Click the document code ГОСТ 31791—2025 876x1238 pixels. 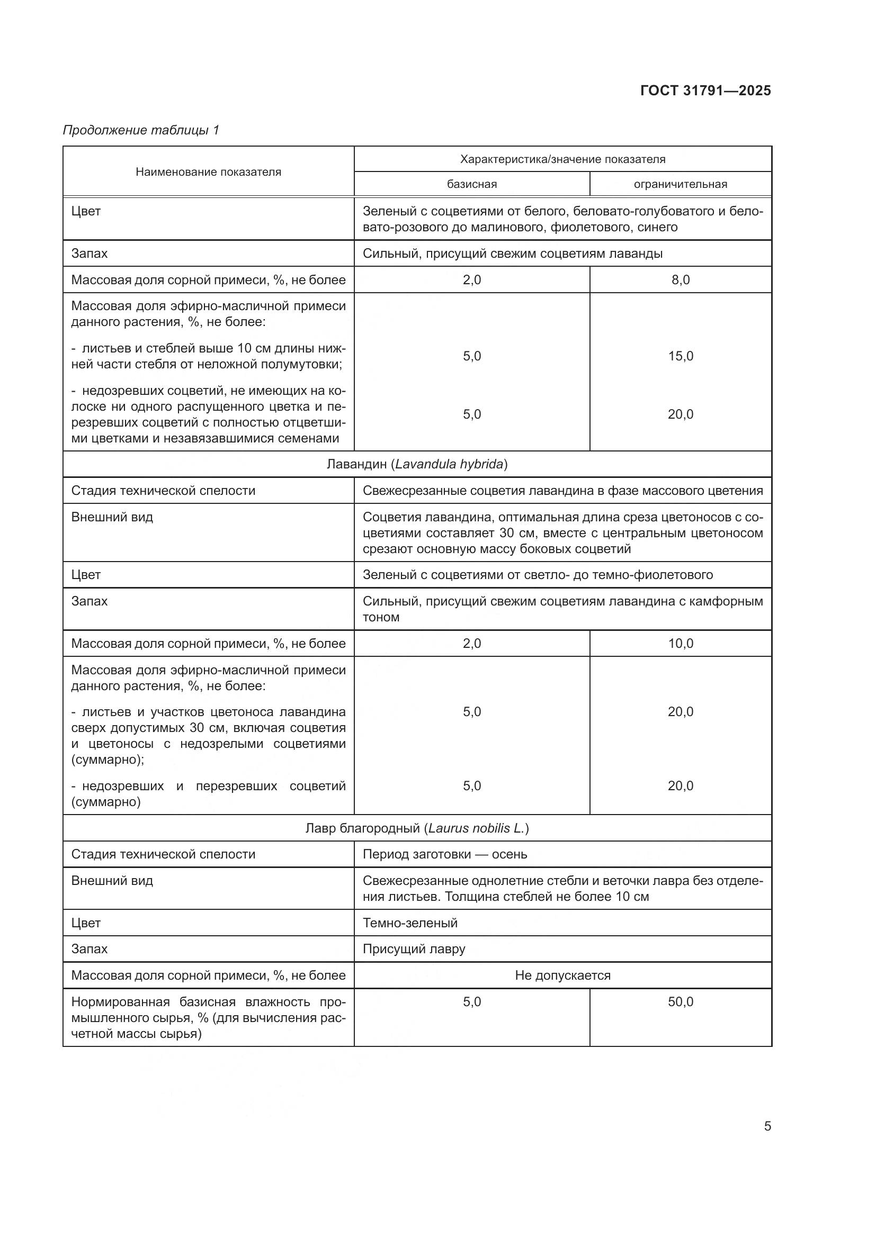[x=705, y=91]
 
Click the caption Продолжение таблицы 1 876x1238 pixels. [x=141, y=130]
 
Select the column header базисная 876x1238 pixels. [x=471, y=184]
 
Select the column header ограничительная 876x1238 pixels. [x=680, y=184]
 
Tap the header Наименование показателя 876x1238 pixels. [x=208, y=172]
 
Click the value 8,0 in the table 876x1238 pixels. [x=680, y=280]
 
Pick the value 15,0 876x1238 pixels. [x=680, y=356]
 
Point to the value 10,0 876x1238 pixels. [x=680, y=643]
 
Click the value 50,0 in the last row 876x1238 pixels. [x=680, y=1001]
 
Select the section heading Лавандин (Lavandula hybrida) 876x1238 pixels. [x=417, y=464]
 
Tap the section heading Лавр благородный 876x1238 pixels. [x=417, y=828]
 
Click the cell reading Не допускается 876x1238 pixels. [x=562, y=975]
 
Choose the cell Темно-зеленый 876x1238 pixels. [x=410, y=923]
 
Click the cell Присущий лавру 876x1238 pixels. [x=414, y=948]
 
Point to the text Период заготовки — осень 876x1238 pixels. [x=444, y=854]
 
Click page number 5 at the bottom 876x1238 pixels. [x=767, y=1126]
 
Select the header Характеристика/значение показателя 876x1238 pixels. [x=562, y=159]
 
